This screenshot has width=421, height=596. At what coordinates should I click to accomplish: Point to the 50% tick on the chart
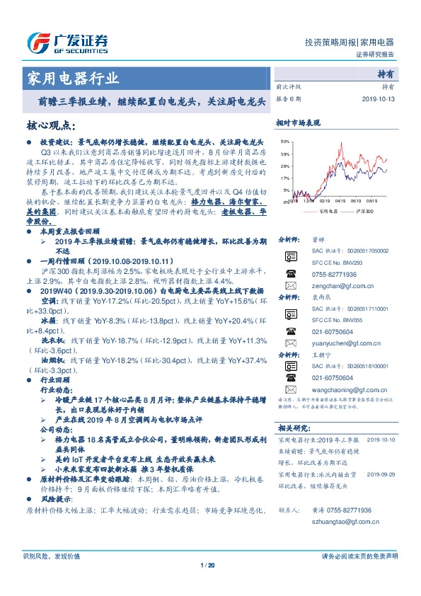pyautogui.click(x=284, y=142)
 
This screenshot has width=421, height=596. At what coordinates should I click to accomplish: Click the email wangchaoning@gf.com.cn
pyautogui.click(x=346, y=389)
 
